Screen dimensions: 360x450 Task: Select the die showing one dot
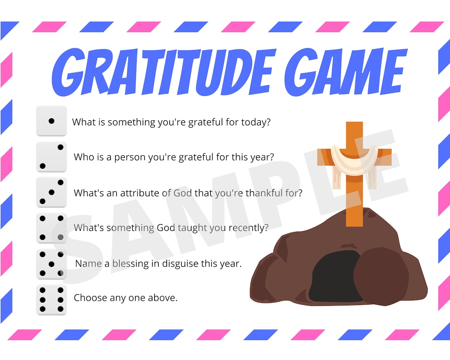pos(51,121)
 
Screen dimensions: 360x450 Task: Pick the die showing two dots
pos(51,157)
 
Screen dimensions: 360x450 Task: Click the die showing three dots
pos(51,192)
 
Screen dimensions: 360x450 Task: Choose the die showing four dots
pos(51,228)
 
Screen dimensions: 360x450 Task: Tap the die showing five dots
pos(51,264)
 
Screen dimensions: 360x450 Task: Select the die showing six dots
pos(51,300)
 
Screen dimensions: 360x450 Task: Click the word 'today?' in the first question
pos(256,123)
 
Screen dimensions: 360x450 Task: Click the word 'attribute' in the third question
pos(140,193)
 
